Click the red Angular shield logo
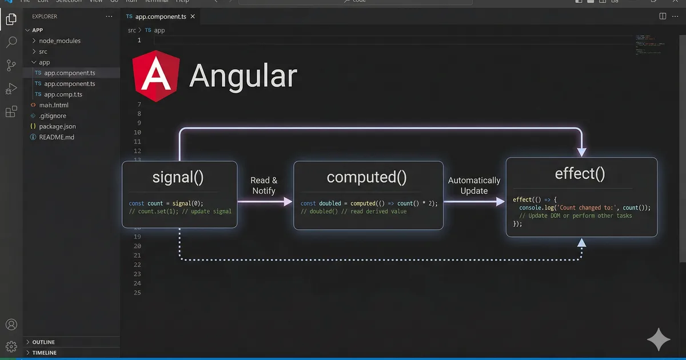(x=154, y=76)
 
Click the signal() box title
(x=178, y=177)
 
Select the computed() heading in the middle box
(x=366, y=177)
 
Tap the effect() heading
(x=580, y=173)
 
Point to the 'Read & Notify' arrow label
(x=264, y=185)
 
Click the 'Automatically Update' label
(x=474, y=185)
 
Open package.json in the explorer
(x=57, y=126)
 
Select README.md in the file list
(x=57, y=137)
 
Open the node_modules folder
(x=59, y=41)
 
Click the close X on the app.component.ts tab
(x=192, y=17)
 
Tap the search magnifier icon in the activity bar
(x=11, y=42)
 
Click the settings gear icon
(x=11, y=346)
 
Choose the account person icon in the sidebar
(x=11, y=325)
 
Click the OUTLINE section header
(x=43, y=342)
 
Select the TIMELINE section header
(x=44, y=353)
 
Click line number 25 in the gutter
(x=137, y=293)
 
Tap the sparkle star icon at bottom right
(x=658, y=339)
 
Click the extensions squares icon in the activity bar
(x=11, y=112)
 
